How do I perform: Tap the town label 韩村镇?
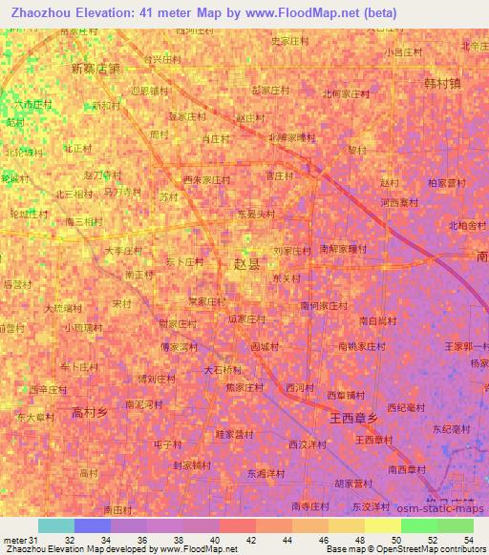point(442,83)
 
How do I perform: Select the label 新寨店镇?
point(96,69)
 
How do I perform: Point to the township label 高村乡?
point(89,412)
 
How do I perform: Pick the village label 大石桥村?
point(223,369)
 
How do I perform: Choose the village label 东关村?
point(287,278)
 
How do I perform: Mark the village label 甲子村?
point(167,444)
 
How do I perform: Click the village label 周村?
point(159,135)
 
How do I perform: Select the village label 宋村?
point(121,303)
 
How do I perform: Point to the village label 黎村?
point(356,150)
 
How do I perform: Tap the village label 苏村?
point(169,196)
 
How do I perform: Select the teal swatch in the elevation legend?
point(56,525)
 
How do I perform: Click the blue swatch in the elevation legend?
point(93,525)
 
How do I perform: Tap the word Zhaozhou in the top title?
point(36,14)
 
